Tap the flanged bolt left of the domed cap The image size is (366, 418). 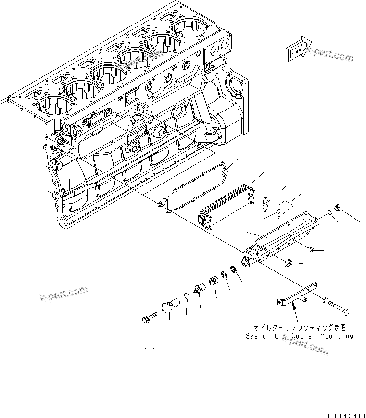tap(150, 319)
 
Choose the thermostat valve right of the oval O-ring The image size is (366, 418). tap(198, 290)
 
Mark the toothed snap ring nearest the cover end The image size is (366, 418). tap(234, 269)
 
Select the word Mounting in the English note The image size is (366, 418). tap(335, 336)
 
